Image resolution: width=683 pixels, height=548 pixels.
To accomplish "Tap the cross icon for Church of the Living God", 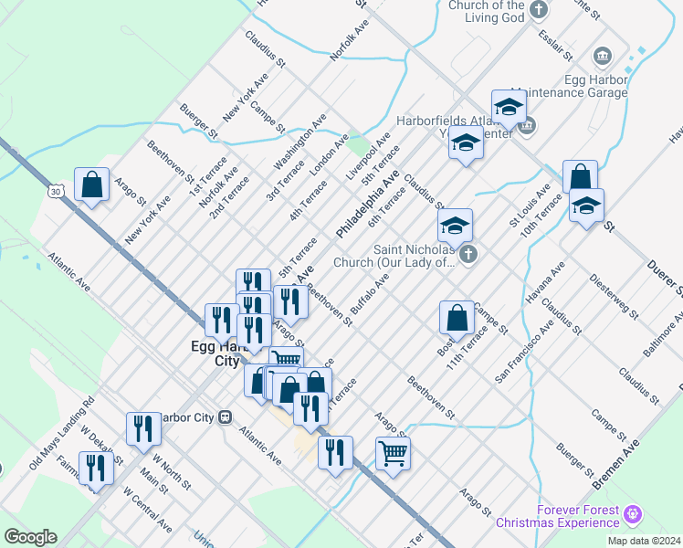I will click(x=540, y=10).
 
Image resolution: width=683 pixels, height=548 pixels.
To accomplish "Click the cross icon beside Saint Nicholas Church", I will click(x=468, y=255).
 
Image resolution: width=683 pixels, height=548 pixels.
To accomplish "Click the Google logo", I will click(x=30, y=537).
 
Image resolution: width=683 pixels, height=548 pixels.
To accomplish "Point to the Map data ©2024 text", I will click(x=644, y=541).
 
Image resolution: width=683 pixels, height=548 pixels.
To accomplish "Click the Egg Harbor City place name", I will click(x=218, y=353).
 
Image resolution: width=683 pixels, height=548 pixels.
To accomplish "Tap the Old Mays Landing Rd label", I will click(x=62, y=430).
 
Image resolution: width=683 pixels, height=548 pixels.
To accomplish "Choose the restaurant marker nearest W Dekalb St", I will click(x=96, y=468).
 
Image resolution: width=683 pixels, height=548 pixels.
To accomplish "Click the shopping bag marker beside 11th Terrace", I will click(x=457, y=318).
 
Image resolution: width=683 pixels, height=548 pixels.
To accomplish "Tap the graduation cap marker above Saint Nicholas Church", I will click(x=456, y=225).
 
